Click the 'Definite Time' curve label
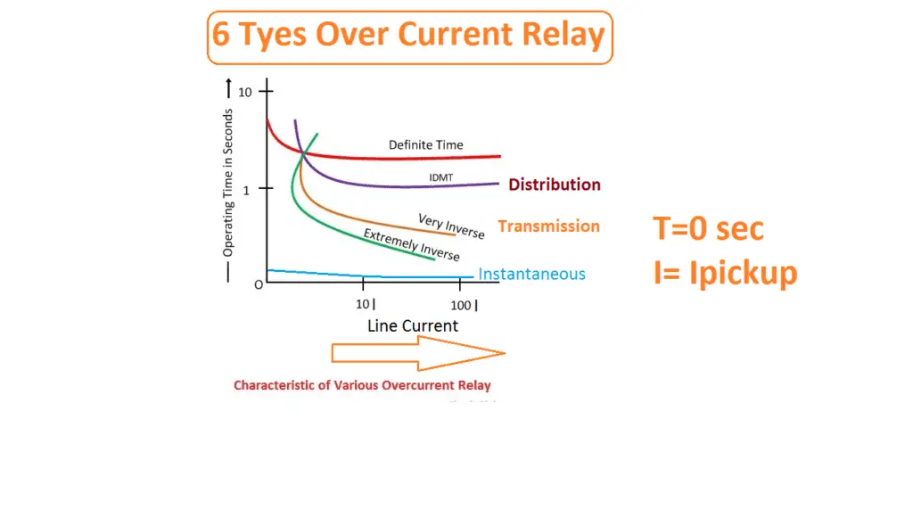pos(425,144)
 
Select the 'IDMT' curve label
pos(440,177)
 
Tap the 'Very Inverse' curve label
pos(451,226)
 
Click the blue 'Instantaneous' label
pos(531,275)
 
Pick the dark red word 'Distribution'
pos(554,185)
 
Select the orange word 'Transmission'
pos(548,226)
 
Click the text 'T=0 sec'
pos(708,229)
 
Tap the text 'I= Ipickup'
pos(724,273)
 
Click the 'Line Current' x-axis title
pos(412,325)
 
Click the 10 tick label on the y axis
pos(246,92)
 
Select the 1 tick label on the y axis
pos(247,189)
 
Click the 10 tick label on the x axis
pos(365,306)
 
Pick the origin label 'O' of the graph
pos(258,284)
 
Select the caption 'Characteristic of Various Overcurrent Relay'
pos(362,386)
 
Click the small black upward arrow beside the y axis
pos(229,89)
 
